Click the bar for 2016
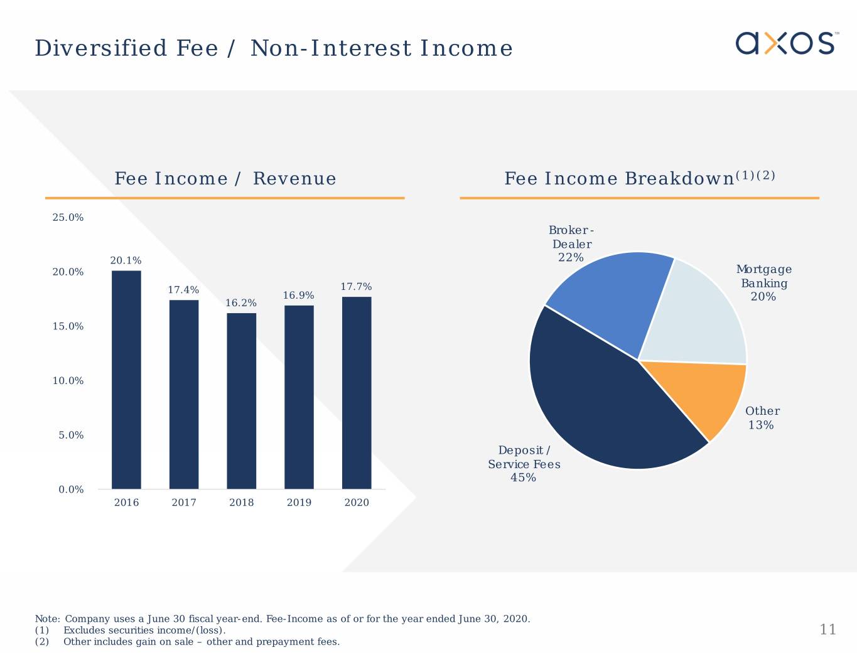pyautogui.click(x=126, y=380)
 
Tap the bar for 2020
pyautogui.click(x=357, y=392)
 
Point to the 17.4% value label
pyautogui.click(x=183, y=290)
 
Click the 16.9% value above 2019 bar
pyautogui.click(x=299, y=296)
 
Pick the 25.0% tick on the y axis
pyautogui.click(x=68, y=218)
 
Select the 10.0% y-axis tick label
pyautogui.click(x=68, y=381)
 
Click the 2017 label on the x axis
pyautogui.click(x=184, y=503)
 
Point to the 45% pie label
pyautogui.click(x=523, y=478)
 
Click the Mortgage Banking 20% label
pyautogui.click(x=763, y=283)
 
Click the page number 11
pyautogui.click(x=828, y=629)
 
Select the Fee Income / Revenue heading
pyautogui.click(x=225, y=179)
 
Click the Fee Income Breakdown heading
pyautogui.click(x=639, y=179)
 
